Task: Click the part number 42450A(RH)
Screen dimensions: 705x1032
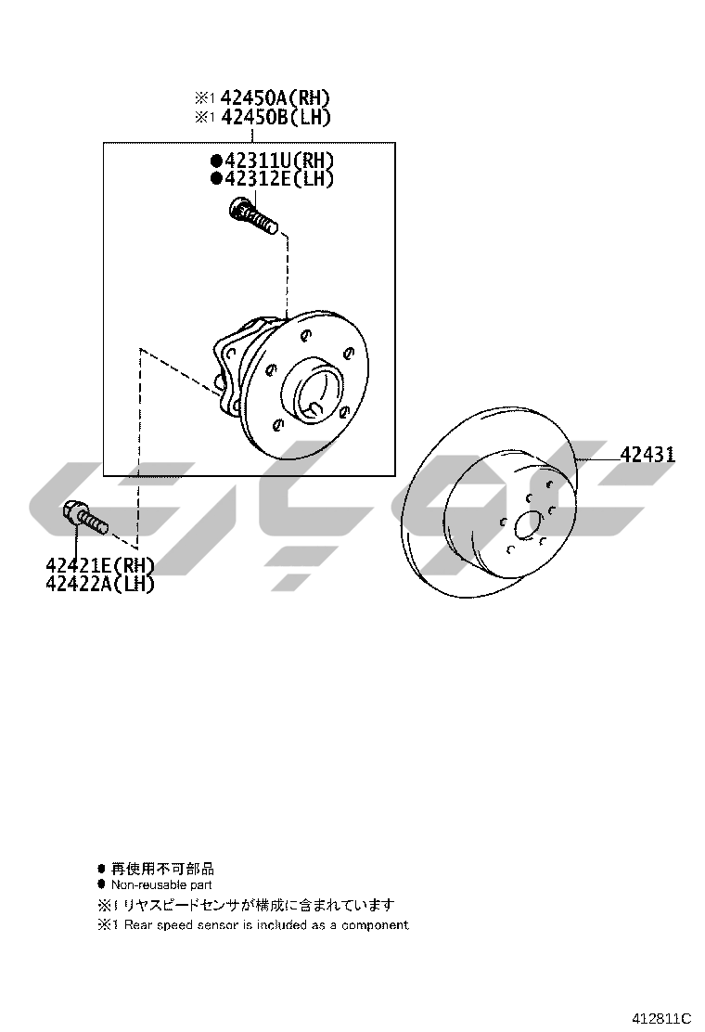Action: [275, 98]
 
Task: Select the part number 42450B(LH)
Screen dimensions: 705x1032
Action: [275, 117]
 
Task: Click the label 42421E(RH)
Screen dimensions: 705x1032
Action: [100, 564]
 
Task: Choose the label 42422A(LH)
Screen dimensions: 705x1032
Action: [100, 583]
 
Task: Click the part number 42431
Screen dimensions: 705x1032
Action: [647, 455]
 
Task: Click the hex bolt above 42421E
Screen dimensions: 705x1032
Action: [83, 517]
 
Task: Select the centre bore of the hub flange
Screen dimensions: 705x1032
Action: [318, 395]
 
